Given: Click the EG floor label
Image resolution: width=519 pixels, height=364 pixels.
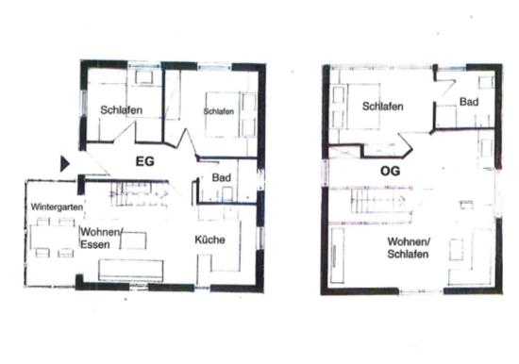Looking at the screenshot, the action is tap(145, 161).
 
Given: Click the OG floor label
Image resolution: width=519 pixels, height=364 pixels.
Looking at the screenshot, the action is tap(390, 171).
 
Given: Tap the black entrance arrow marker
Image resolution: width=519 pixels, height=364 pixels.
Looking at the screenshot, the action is tap(65, 164).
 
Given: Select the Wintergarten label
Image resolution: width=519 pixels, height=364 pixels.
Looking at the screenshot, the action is tap(57, 207).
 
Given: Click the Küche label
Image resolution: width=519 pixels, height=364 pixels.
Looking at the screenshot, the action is tap(209, 240).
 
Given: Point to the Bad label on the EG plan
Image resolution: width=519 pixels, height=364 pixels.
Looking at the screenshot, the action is tap(222, 177).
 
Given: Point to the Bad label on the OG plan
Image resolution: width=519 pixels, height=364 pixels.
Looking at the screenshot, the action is tap(469, 102).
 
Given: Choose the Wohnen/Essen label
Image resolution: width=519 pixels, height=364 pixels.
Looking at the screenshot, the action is tap(101, 239).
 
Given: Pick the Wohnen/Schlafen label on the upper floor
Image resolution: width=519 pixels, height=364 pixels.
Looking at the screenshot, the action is tap(409, 248).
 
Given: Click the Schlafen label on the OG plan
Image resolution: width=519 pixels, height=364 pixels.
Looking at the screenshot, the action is tap(382, 107).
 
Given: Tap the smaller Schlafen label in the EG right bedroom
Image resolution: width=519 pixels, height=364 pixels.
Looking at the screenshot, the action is tap(219, 111).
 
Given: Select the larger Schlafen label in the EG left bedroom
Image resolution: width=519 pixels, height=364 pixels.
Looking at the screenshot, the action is tap(122, 110).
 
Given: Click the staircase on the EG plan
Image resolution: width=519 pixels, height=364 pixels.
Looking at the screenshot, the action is tap(139, 194).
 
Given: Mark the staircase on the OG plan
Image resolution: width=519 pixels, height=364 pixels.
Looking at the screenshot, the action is tap(380, 200).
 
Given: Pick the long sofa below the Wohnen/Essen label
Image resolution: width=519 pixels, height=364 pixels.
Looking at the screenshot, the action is tap(131, 271).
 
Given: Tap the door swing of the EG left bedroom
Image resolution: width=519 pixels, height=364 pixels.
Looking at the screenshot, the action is tap(125, 132).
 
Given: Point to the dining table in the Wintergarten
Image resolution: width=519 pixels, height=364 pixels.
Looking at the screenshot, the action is tap(53, 237).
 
